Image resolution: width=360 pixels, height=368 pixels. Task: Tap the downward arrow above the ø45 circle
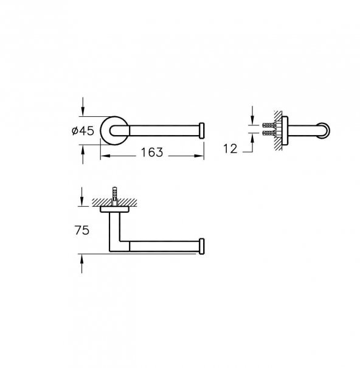(x=82, y=109)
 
